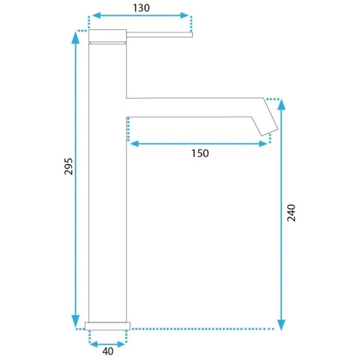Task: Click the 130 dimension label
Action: [141, 8]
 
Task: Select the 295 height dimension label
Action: [68, 166]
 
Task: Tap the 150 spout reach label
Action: [200, 153]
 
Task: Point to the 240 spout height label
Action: [291, 213]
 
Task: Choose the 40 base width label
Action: [108, 351]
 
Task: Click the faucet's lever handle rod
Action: [159, 34]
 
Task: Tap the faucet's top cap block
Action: [108, 35]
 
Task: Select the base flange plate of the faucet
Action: [107, 326]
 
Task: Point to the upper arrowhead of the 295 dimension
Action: [75, 37]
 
